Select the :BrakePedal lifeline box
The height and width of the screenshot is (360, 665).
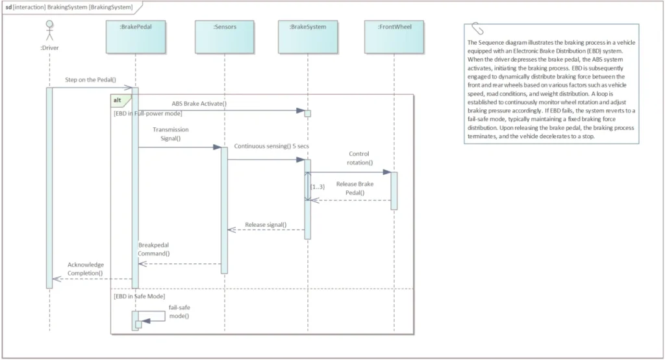coord(135,37)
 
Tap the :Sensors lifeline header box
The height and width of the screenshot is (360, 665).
coord(225,37)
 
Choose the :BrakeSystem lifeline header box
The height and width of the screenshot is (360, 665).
coord(308,37)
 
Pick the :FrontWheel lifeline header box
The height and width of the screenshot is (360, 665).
coord(394,37)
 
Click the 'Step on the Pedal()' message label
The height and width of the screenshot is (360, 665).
coord(90,80)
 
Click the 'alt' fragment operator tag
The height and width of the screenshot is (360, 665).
coord(118,100)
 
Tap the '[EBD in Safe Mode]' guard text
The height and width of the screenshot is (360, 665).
coord(139,296)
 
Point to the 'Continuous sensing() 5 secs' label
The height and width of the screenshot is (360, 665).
coord(271,147)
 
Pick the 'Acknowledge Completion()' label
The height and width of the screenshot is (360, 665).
coord(85,269)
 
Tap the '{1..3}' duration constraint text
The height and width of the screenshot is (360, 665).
coord(318,186)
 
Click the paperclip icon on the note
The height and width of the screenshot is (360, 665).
coord(478,29)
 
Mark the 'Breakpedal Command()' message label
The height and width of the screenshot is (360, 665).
coord(154,250)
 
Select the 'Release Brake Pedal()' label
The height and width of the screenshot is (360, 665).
coord(355,188)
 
